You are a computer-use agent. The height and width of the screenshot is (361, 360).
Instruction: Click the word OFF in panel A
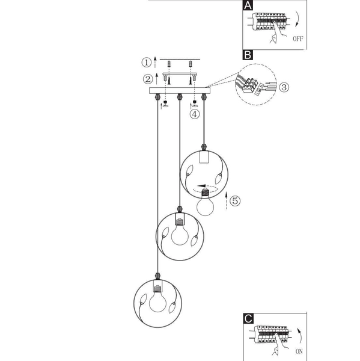[299, 40]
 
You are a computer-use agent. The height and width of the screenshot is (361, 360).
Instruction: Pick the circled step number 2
[147, 79]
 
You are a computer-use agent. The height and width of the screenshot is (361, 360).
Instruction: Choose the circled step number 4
[194, 113]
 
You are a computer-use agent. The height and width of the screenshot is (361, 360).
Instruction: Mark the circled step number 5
[235, 201]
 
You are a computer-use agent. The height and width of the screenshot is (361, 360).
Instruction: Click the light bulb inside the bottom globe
[157, 300]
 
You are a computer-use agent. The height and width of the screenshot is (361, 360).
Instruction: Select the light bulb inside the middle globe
[178, 233]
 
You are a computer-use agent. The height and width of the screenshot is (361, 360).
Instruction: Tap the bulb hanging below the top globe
[207, 206]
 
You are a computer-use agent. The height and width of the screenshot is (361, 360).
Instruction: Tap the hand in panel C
[275, 348]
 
